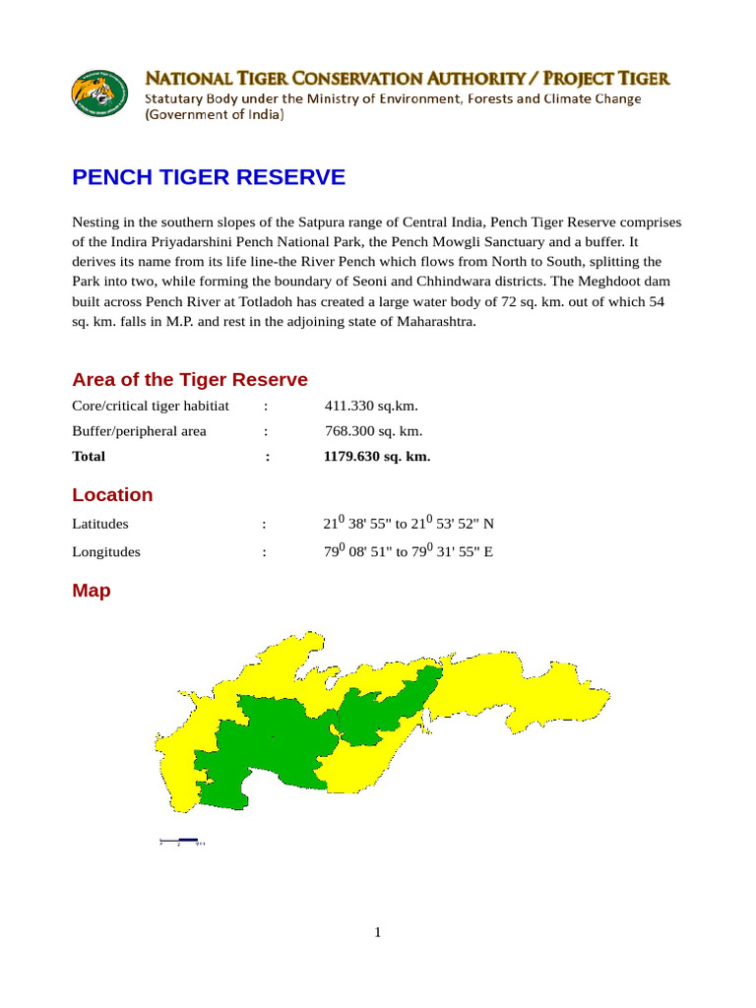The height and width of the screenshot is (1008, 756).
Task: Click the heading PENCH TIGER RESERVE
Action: [x=209, y=177]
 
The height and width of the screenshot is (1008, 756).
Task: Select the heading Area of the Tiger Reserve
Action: [x=190, y=380]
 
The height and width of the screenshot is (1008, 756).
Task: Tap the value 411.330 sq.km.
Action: [x=371, y=406]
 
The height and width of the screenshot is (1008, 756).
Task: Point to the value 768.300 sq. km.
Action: [x=374, y=431]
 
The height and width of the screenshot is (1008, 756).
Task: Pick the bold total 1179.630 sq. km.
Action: [x=377, y=457]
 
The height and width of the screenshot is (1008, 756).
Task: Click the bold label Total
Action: [x=89, y=457]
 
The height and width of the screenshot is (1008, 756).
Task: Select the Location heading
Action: [x=112, y=495]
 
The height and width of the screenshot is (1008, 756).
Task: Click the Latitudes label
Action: [x=100, y=525]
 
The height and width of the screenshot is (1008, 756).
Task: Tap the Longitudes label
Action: [x=106, y=552]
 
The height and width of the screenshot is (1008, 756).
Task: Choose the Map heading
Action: [x=92, y=591]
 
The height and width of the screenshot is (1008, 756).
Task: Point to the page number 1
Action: [x=377, y=933]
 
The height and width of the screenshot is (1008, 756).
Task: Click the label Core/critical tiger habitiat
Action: [x=151, y=406]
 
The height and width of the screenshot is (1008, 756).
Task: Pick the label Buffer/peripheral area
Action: [x=139, y=431]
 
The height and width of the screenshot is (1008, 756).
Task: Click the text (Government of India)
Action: [x=215, y=115]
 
